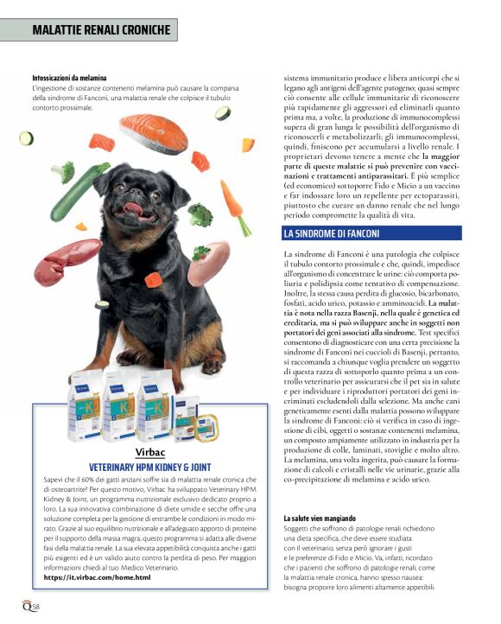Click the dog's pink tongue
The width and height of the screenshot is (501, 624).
click(x=131, y=208)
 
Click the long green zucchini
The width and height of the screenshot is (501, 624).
click(x=78, y=191)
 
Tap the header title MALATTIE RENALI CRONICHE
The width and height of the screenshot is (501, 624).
click(x=102, y=30)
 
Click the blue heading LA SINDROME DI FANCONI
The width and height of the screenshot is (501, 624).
click(x=337, y=233)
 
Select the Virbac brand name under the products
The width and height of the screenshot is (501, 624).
click(x=150, y=451)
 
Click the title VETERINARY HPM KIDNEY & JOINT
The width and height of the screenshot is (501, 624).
click(x=150, y=465)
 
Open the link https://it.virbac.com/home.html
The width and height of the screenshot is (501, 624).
click(x=96, y=576)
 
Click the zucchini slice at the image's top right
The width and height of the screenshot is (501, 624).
click(x=222, y=113)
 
